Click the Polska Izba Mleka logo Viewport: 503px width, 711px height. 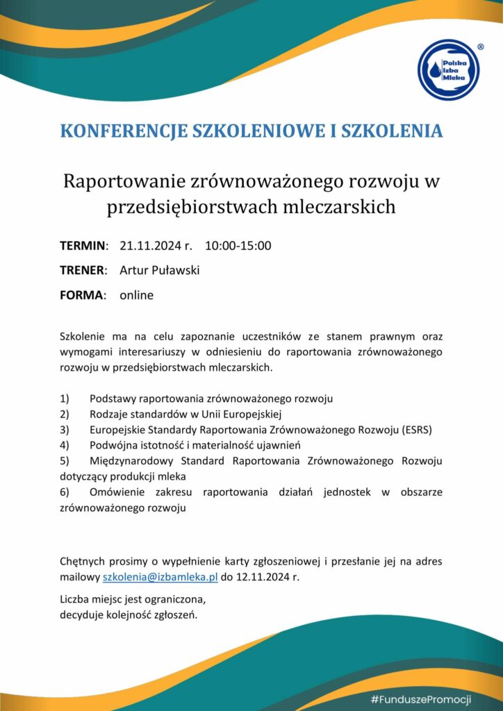coord(448,70)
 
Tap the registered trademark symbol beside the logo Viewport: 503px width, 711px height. coord(480,47)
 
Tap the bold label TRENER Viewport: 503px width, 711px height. coord(83,270)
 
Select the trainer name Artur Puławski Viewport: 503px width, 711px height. coord(159,270)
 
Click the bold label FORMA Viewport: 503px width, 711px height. coord(82,295)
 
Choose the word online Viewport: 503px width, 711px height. coord(136,295)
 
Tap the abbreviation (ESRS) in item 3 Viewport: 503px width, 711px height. coord(416,430)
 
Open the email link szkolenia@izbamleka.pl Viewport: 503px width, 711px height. coord(160,577)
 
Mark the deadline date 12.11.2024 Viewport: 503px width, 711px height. coord(262,577)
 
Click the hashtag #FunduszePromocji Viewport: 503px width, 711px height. coord(421,699)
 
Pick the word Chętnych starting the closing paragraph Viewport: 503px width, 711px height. coord(83,562)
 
